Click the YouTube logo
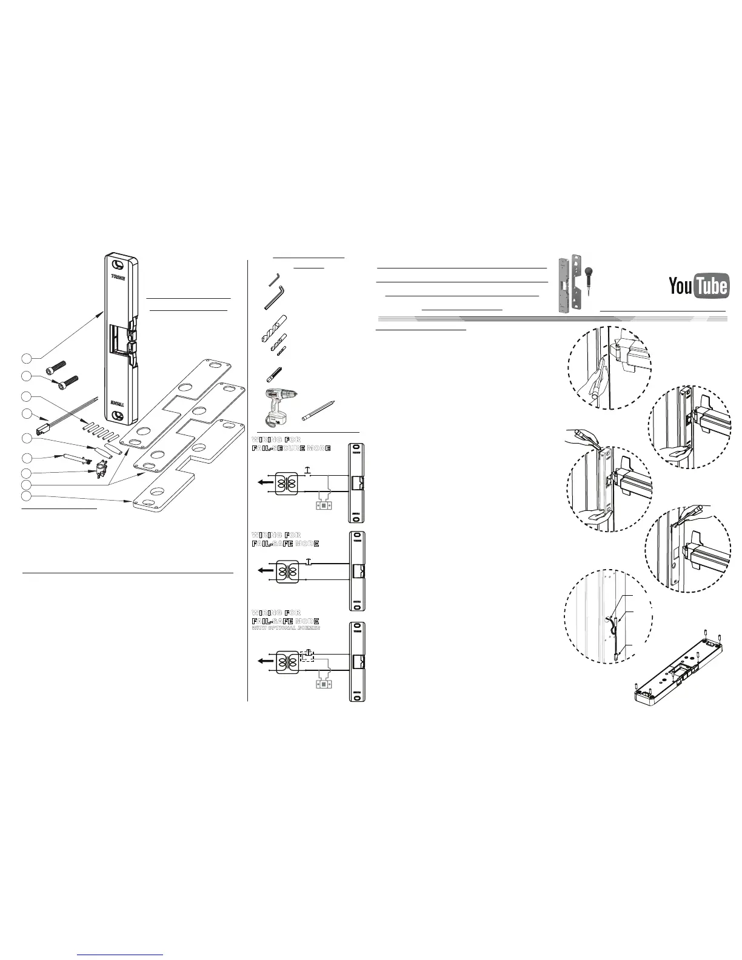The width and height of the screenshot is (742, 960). pos(698,286)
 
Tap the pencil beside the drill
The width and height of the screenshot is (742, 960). pos(318,410)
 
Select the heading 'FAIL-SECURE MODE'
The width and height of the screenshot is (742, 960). pos(291,448)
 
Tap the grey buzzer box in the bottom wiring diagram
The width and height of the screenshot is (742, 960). pos(325,684)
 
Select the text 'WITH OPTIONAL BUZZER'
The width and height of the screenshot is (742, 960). pos(286,628)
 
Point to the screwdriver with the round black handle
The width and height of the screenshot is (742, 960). pos(587,285)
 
